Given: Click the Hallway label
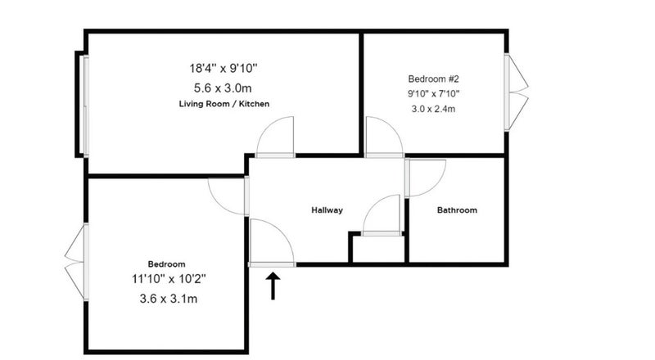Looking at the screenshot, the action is (x=327, y=210).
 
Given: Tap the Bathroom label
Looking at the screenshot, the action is (x=457, y=210).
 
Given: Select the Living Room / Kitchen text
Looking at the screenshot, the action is (x=224, y=104).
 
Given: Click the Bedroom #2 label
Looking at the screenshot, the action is (x=434, y=79).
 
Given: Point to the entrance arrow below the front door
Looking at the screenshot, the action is (x=273, y=286).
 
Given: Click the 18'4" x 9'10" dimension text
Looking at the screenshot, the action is (x=224, y=68).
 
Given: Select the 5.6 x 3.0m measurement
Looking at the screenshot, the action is (x=223, y=88).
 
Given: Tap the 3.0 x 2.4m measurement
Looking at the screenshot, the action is (x=433, y=109).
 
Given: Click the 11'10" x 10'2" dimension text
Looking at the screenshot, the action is (x=169, y=278).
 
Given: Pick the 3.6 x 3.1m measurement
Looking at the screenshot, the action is (x=169, y=299).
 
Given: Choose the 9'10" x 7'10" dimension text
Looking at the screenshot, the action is (x=434, y=93).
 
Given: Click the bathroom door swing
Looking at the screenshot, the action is (x=436, y=186).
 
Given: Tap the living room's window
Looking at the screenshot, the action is (x=86, y=106).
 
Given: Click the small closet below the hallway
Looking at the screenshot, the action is (x=378, y=250).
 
